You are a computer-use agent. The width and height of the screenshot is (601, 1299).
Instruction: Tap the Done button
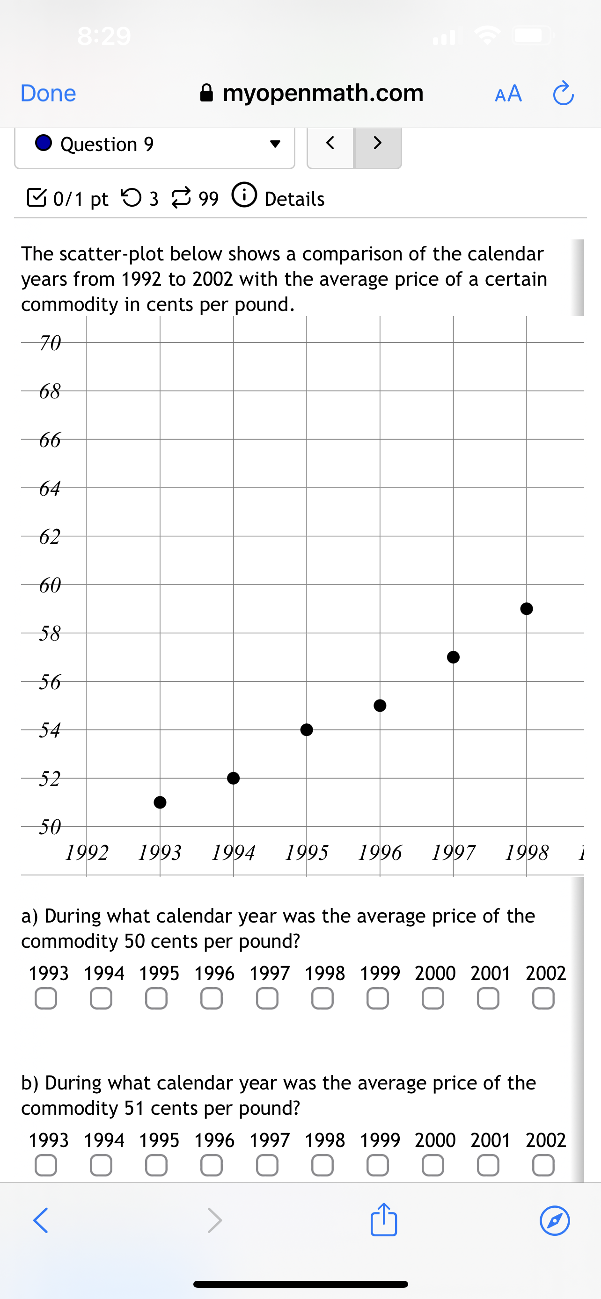tap(48, 94)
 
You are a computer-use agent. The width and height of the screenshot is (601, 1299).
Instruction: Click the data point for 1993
tap(160, 802)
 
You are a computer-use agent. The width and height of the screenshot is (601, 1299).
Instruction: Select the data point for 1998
tap(526, 609)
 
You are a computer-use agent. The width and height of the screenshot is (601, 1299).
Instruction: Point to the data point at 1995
tap(306, 729)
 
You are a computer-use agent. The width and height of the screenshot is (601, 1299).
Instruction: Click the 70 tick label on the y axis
tap(50, 343)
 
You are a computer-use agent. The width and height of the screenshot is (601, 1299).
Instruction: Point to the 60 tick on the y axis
tap(50, 585)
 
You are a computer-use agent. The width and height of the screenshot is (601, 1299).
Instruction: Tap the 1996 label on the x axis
tap(380, 853)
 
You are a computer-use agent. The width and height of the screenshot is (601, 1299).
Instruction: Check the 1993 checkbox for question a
tap(46, 998)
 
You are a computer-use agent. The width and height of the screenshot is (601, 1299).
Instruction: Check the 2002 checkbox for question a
tap(543, 998)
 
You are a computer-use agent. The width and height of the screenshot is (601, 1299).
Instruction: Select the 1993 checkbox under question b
tap(46, 1165)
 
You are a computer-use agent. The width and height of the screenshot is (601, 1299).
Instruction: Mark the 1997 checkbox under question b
tap(267, 1165)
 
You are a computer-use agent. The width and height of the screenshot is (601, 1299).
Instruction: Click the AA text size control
tap(508, 94)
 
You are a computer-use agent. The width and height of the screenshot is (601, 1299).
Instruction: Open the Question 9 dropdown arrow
tap(275, 144)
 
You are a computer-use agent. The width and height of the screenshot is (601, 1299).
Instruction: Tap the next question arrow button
tap(377, 143)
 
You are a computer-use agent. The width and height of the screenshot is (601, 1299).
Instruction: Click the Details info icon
tap(244, 195)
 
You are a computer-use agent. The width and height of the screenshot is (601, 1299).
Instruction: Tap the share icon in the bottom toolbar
tap(383, 1220)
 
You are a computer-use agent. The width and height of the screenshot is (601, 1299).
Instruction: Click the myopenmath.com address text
tap(323, 93)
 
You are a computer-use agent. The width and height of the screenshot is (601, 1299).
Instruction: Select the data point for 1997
tap(453, 657)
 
